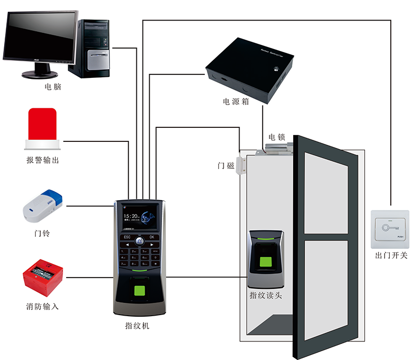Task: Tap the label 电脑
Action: (x=53, y=87)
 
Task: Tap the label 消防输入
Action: (x=42, y=306)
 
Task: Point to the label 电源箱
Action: (x=236, y=102)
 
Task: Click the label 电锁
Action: (x=277, y=137)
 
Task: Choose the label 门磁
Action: (x=226, y=166)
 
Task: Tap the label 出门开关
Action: (x=391, y=255)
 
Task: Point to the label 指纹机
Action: (x=138, y=325)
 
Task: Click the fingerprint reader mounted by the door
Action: (x=266, y=258)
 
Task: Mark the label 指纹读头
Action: (x=265, y=296)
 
